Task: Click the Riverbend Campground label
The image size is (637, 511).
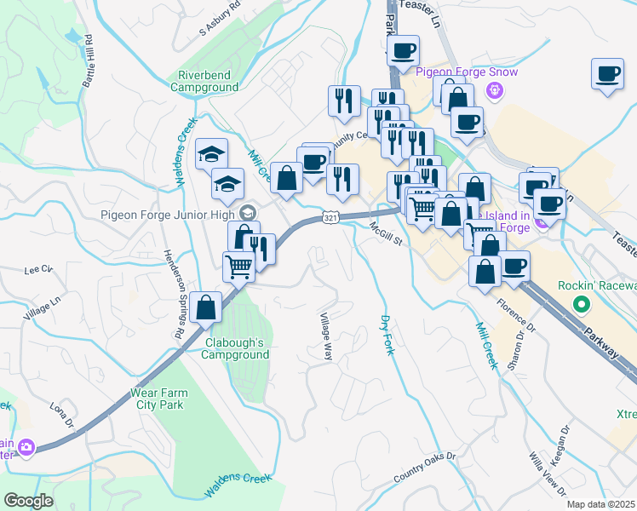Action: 204,81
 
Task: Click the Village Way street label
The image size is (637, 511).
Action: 325,337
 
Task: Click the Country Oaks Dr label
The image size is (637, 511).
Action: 425,468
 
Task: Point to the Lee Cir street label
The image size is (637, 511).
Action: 39,269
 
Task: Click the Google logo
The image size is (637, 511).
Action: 28,501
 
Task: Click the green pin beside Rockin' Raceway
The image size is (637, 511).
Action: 582,303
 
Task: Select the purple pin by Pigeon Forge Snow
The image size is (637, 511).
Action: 492,89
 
